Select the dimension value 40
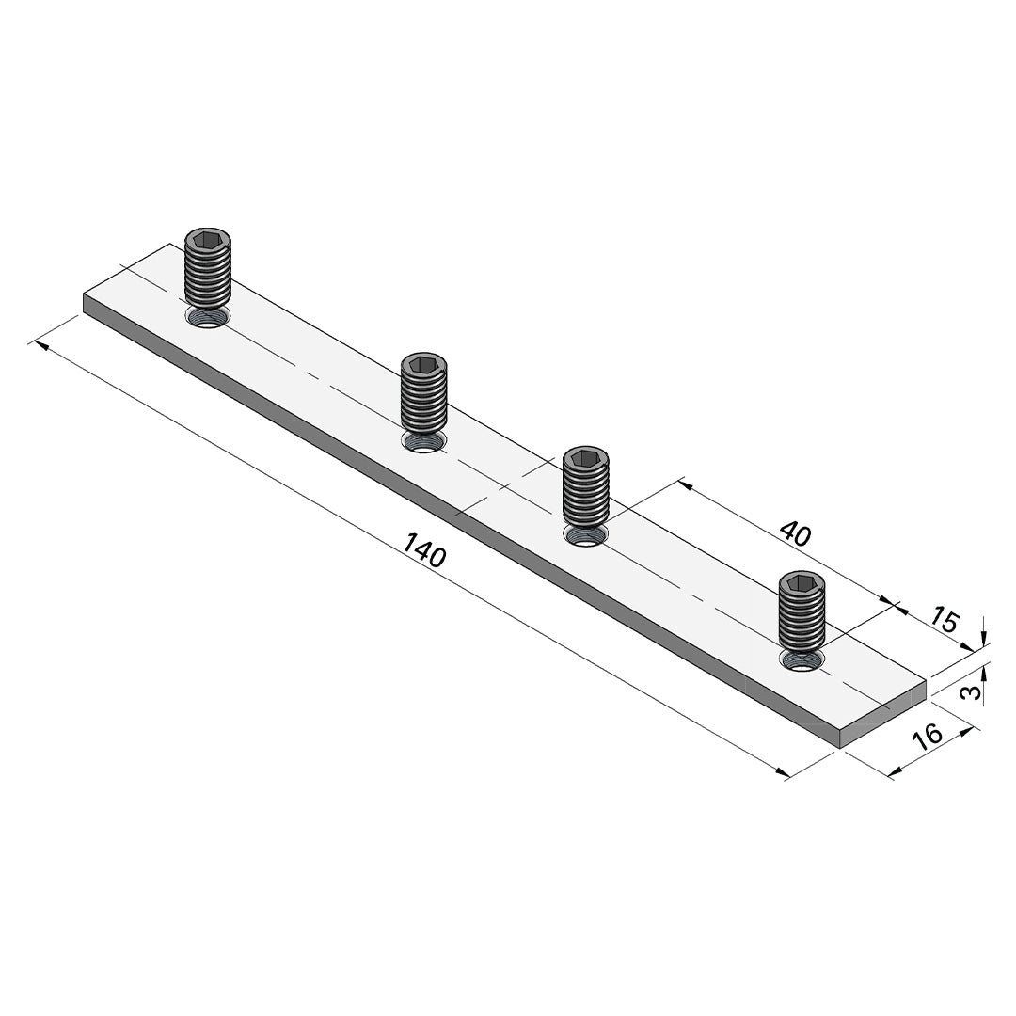pos(795,533)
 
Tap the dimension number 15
pos(945,621)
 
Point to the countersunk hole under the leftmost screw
pos(207,318)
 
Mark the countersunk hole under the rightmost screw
pos(802,660)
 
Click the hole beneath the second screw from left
pos(424,442)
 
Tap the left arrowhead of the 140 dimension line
pos(39,344)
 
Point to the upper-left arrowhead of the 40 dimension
pos(684,485)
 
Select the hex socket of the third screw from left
pos(585,458)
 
